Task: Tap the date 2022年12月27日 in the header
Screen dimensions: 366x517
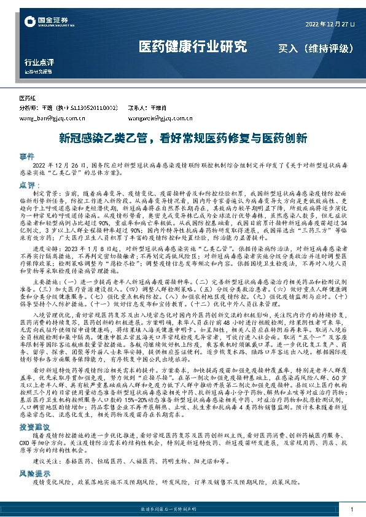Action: coord(330,24)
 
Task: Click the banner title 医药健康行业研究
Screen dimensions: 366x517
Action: coord(193,46)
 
